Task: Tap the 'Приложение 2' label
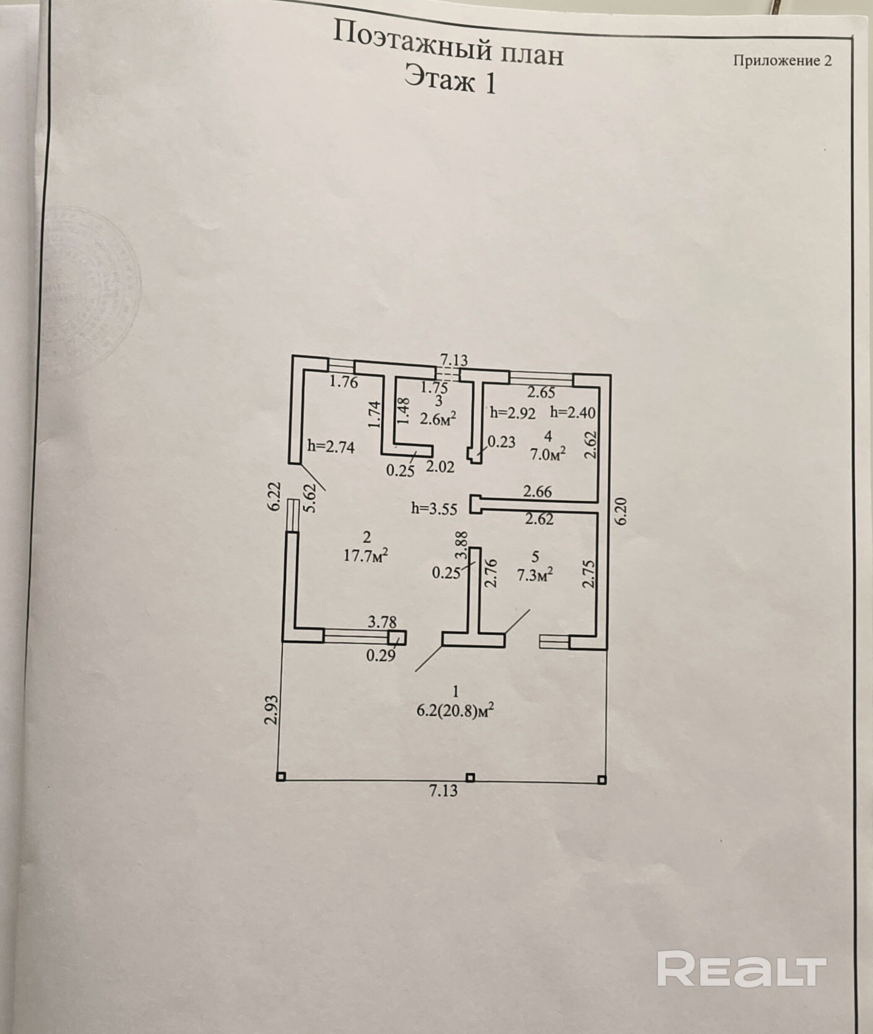tap(782, 60)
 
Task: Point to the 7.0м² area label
tap(548, 453)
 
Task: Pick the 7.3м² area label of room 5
tap(535, 575)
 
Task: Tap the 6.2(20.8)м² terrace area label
tap(455, 711)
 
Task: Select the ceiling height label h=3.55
tap(434, 509)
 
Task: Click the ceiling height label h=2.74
tap(331, 446)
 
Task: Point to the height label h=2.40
tap(573, 412)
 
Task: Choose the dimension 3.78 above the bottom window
tap(382, 622)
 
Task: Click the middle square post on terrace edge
tap(470, 778)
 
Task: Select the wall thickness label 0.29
tap(381, 656)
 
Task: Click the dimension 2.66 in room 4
tap(537, 492)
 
